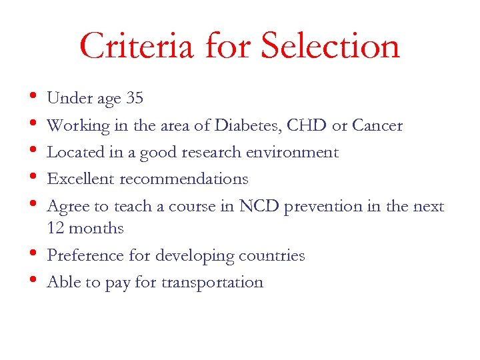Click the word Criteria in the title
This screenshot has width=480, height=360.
click(x=136, y=46)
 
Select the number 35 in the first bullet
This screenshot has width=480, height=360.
click(x=134, y=99)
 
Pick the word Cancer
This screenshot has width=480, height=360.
click(x=377, y=125)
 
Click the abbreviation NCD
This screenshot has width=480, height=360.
click(x=259, y=207)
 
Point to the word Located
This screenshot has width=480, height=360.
click(x=72, y=153)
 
